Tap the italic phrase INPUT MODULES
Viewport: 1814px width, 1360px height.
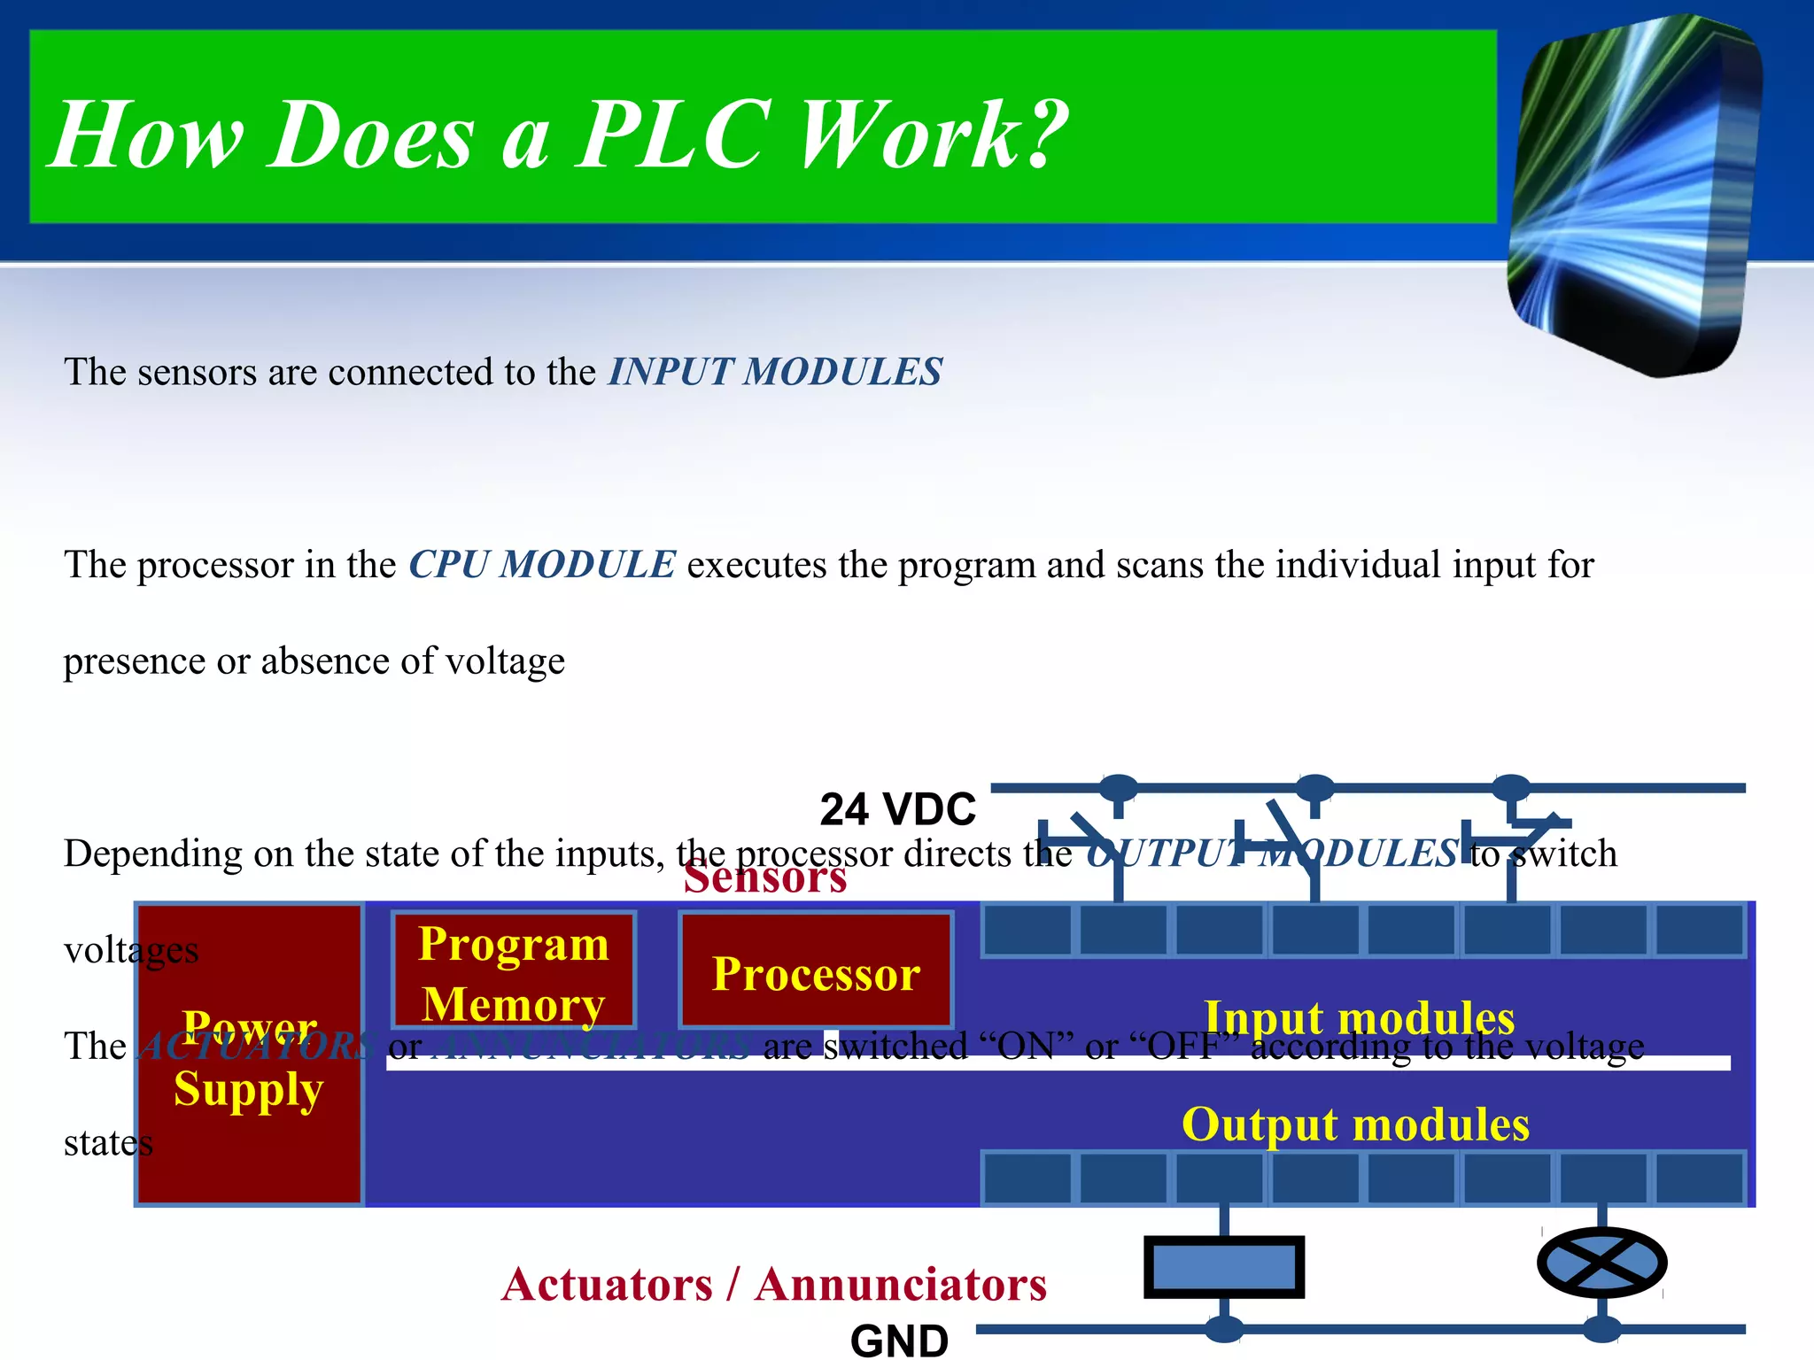coord(775,372)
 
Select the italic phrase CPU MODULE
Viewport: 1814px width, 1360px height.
coord(542,565)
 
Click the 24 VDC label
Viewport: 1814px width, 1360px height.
coord(897,809)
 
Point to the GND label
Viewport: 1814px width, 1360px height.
coord(899,1341)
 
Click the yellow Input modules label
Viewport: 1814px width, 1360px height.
coord(1359,1016)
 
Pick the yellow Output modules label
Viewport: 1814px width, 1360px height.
coord(1355,1124)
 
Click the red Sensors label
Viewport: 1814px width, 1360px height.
coord(765,878)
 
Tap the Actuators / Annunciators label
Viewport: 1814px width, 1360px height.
coord(774,1284)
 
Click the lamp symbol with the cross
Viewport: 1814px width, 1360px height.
coord(1601,1263)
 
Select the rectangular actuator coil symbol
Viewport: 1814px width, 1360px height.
coord(1224,1266)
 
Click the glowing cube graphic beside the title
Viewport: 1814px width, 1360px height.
coord(1634,195)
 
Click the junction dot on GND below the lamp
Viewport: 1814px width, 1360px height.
coord(1601,1328)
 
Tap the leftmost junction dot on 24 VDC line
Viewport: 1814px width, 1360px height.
coord(1119,786)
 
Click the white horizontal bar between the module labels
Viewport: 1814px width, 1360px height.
coord(1058,1062)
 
